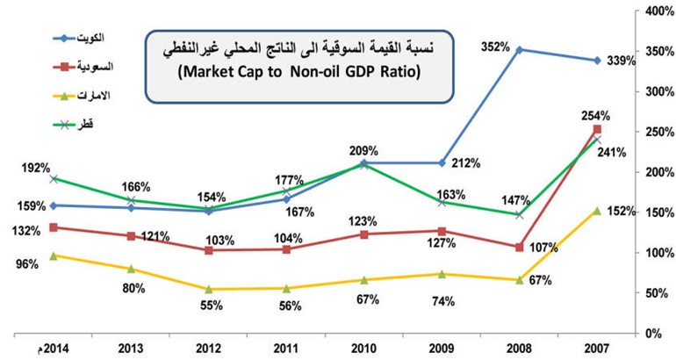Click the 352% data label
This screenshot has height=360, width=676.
(x=495, y=47)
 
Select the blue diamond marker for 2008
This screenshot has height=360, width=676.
(x=520, y=49)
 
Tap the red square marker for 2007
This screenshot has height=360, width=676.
(x=597, y=129)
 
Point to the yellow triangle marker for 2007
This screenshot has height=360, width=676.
(x=597, y=211)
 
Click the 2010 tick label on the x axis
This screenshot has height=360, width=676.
(x=364, y=349)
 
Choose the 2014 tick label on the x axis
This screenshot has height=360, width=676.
(x=54, y=349)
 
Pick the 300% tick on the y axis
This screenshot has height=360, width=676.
(x=658, y=92)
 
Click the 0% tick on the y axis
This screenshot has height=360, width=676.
(x=652, y=334)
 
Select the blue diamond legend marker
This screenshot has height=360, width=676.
(x=64, y=39)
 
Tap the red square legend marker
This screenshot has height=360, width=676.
(x=64, y=67)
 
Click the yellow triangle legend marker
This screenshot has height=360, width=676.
(x=64, y=96)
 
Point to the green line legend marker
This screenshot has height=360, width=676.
(x=64, y=125)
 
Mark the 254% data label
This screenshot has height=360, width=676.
(x=595, y=116)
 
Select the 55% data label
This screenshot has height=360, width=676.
(x=212, y=306)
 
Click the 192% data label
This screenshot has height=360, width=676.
(x=36, y=168)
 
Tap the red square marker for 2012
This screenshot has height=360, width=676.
(x=209, y=250)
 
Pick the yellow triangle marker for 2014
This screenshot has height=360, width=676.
(x=54, y=256)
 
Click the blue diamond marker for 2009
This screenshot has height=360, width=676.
(x=442, y=163)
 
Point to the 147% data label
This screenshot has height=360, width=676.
(x=515, y=200)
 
